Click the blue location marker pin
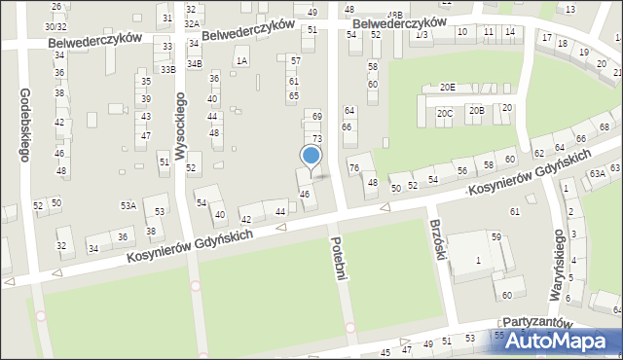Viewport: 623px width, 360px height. coord(311,157)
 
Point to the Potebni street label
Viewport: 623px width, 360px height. coord(339,258)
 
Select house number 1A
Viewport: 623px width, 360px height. coord(242,60)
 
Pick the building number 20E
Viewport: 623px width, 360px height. coord(447,88)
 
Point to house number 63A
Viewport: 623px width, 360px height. coord(597,173)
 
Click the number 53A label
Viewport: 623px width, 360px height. coord(128,205)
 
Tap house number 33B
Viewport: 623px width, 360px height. coord(168,69)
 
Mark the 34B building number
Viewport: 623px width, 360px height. coord(195,63)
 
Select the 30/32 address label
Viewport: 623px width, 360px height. coord(55,26)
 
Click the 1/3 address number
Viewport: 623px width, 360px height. coord(421,34)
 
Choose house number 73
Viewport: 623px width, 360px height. coord(316,138)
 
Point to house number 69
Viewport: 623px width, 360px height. coord(316,116)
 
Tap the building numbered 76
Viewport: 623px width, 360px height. coord(354,167)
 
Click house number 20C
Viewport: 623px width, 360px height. coord(444,113)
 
